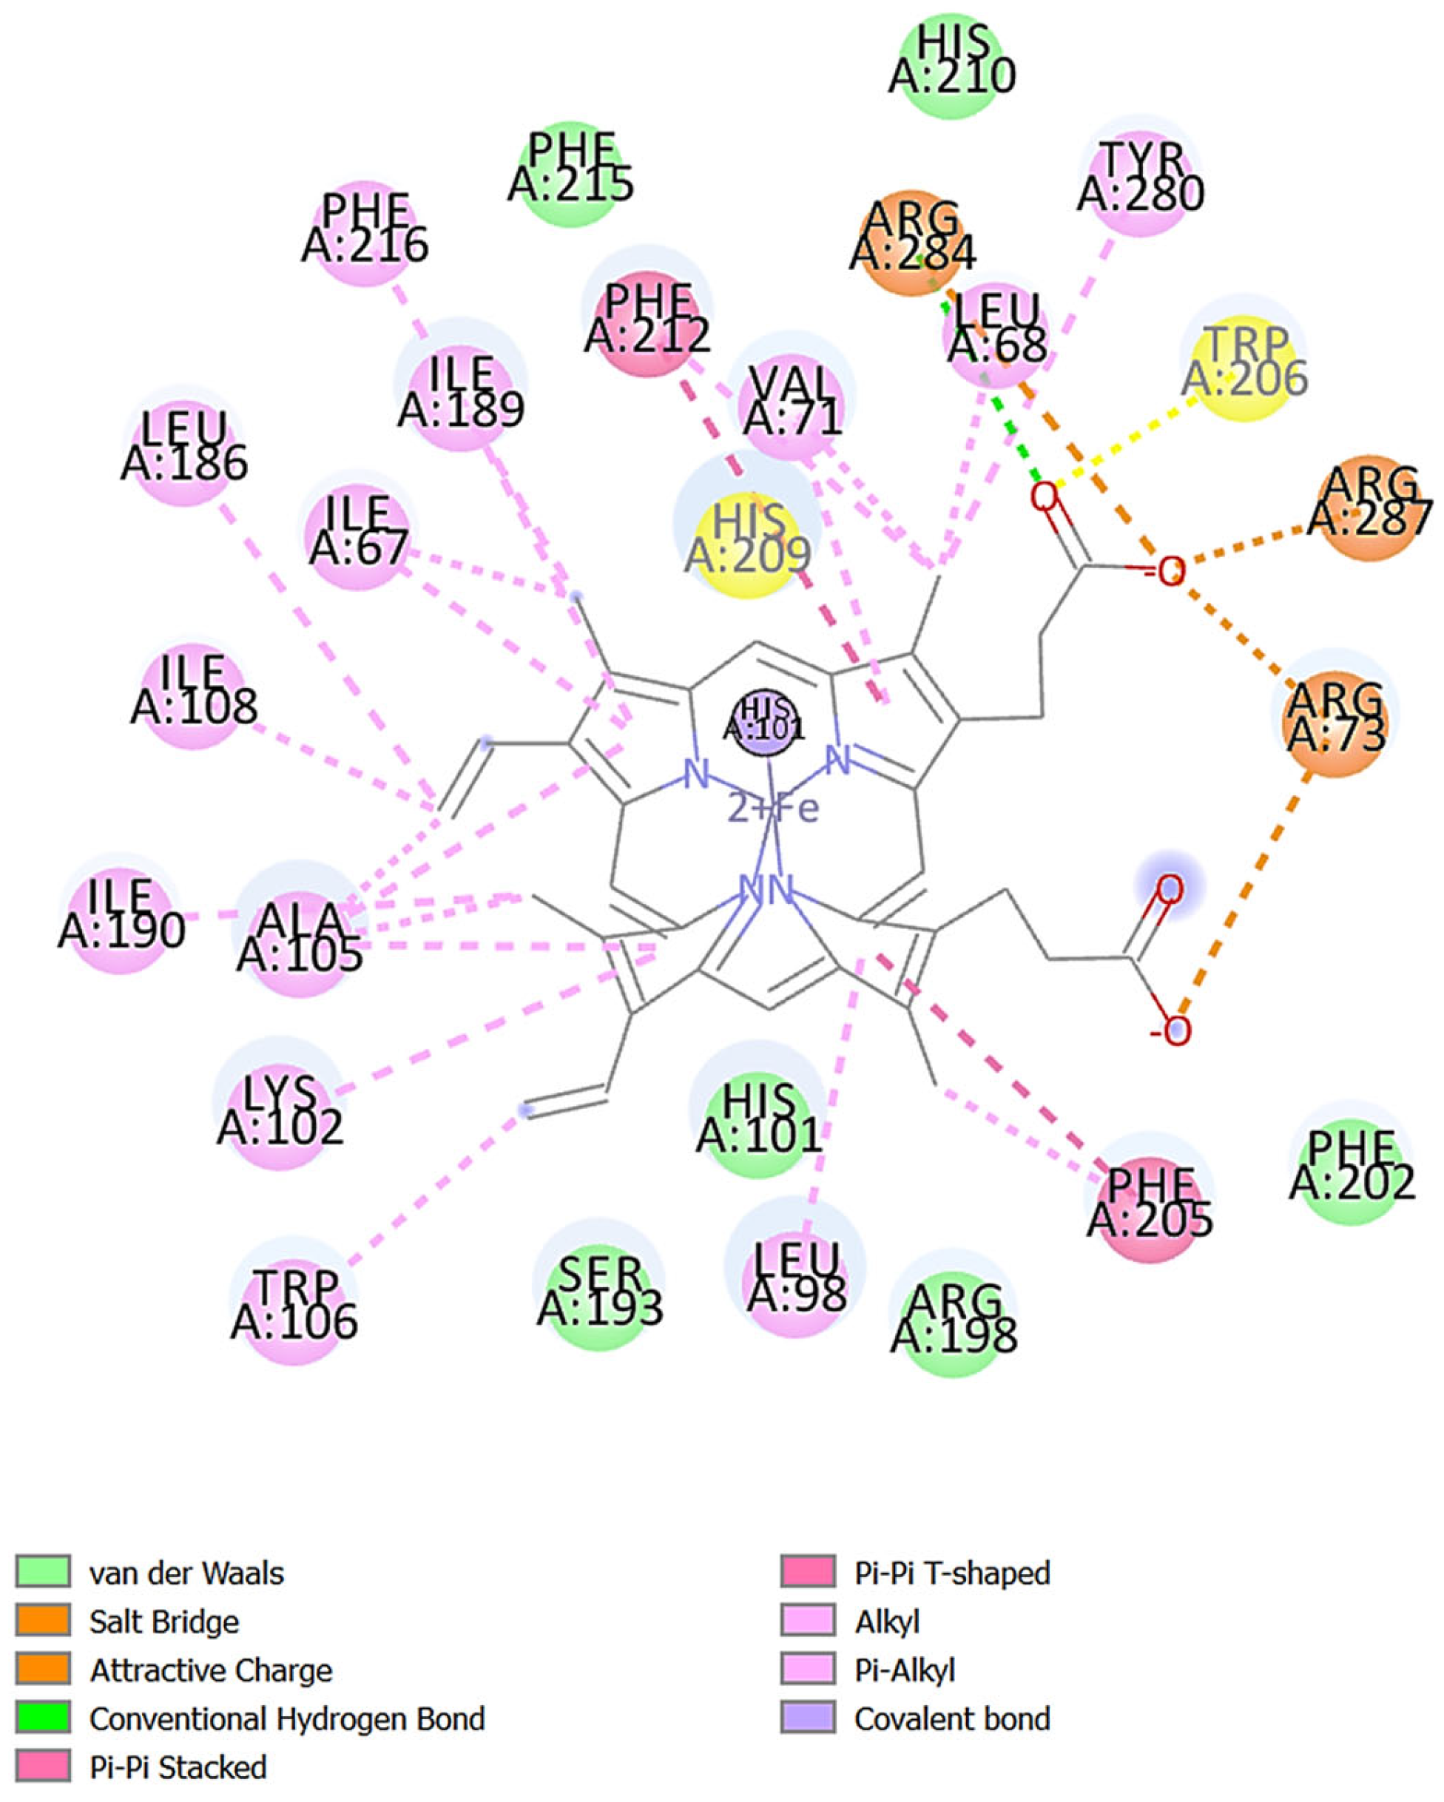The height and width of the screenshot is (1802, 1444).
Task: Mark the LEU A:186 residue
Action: tap(185, 446)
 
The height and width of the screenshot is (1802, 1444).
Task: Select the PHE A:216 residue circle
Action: tap(365, 227)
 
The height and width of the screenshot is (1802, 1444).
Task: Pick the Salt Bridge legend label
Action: tap(163, 1622)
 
